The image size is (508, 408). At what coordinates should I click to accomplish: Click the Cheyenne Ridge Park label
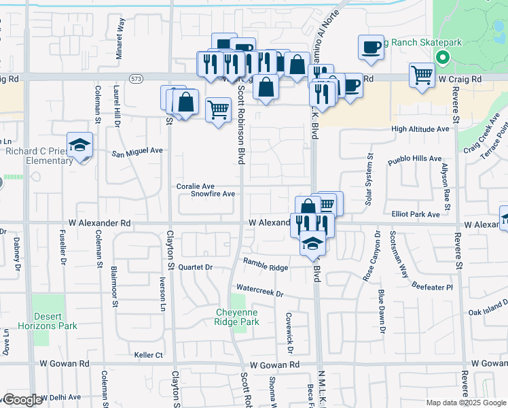tap(238, 317)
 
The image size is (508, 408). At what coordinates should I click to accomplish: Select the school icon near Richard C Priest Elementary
tap(80, 145)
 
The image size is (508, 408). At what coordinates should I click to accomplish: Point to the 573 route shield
tap(137, 80)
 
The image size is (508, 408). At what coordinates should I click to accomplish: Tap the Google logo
tap(22, 400)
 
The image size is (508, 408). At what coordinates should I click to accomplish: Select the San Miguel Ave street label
tap(138, 151)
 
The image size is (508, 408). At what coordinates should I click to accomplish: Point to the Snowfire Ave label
tap(213, 194)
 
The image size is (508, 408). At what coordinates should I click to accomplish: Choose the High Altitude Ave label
tap(420, 129)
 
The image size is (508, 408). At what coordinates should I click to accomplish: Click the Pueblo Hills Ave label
tap(414, 159)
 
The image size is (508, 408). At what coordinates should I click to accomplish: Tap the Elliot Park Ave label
tap(416, 214)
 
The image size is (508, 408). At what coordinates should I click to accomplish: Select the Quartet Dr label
tap(196, 267)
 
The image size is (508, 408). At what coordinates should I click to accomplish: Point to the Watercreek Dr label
tap(259, 293)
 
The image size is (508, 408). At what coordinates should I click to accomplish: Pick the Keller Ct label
tap(149, 355)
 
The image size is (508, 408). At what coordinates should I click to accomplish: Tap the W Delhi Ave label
tap(60, 397)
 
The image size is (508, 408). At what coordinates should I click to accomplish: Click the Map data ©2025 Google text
tap(465, 403)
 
